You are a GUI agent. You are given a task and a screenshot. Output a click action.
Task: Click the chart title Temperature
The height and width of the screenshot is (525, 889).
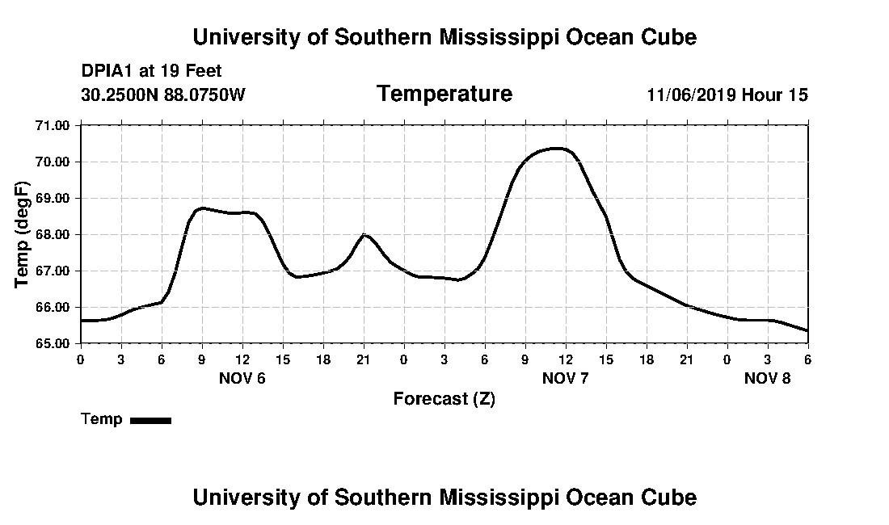click(x=444, y=94)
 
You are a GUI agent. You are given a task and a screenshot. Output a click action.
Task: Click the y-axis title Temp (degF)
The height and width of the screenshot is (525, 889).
click(x=23, y=234)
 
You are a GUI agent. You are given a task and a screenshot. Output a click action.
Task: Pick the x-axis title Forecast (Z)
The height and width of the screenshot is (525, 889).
click(x=444, y=399)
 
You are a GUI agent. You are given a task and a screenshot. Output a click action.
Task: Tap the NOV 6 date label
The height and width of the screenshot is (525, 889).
click(x=242, y=378)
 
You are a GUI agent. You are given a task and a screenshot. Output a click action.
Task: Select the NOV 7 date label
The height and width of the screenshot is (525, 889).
click(x=566, y=378)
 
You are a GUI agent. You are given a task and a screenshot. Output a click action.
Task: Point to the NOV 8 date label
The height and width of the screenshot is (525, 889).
click(x=767, y=378)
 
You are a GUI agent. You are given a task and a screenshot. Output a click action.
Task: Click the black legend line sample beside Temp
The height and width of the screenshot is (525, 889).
click(x=150, y=420)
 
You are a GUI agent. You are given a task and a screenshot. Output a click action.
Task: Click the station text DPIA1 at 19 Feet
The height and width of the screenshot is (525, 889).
click(x=151, y=71)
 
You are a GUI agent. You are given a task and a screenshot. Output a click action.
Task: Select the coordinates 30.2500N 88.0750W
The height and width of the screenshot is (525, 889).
click(x=162, y=95)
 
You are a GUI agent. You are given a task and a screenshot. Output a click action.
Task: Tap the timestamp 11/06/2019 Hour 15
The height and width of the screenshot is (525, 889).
click(x=727, y=95)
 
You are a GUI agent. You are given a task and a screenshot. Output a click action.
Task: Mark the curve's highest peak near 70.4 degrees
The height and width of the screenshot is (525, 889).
click(x=556, y=148)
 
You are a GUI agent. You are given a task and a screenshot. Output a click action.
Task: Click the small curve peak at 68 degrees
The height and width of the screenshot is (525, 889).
click(x=364, y=234)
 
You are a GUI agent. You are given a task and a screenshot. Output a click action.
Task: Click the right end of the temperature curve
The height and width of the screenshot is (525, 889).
click(x=807, y=330)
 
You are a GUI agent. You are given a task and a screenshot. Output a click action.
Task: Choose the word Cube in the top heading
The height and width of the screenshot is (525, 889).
click(x=671, y=37)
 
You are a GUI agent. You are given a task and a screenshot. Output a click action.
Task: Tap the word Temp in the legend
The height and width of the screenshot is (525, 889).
click(x=102, y=419)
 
